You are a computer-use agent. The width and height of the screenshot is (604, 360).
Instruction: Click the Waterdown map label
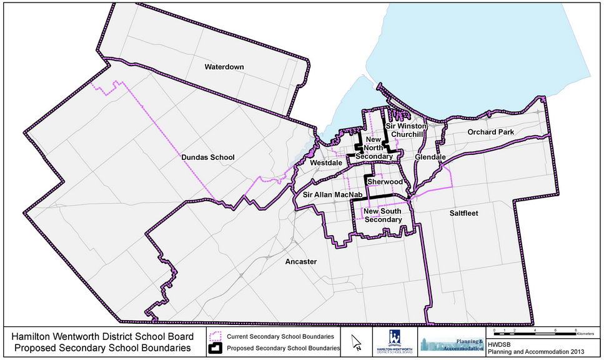point(224,67)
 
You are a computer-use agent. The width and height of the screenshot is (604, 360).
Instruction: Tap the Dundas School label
point(208,157)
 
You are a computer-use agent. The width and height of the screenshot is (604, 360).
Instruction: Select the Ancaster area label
point(300,261)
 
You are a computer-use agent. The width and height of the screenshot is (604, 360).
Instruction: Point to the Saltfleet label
point(463,213)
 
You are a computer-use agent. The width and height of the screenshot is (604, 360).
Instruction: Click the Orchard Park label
point(490,132)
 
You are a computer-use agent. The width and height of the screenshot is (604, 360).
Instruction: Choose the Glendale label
point(429,157)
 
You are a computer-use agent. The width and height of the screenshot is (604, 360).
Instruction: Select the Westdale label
point(325,162)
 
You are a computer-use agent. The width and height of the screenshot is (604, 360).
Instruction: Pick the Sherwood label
point(385,181)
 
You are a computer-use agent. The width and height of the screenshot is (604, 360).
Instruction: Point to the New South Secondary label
point(383,216)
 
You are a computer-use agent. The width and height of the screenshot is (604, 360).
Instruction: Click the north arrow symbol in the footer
point(357,342)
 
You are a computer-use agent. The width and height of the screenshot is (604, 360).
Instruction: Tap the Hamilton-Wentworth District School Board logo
point(395,342)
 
